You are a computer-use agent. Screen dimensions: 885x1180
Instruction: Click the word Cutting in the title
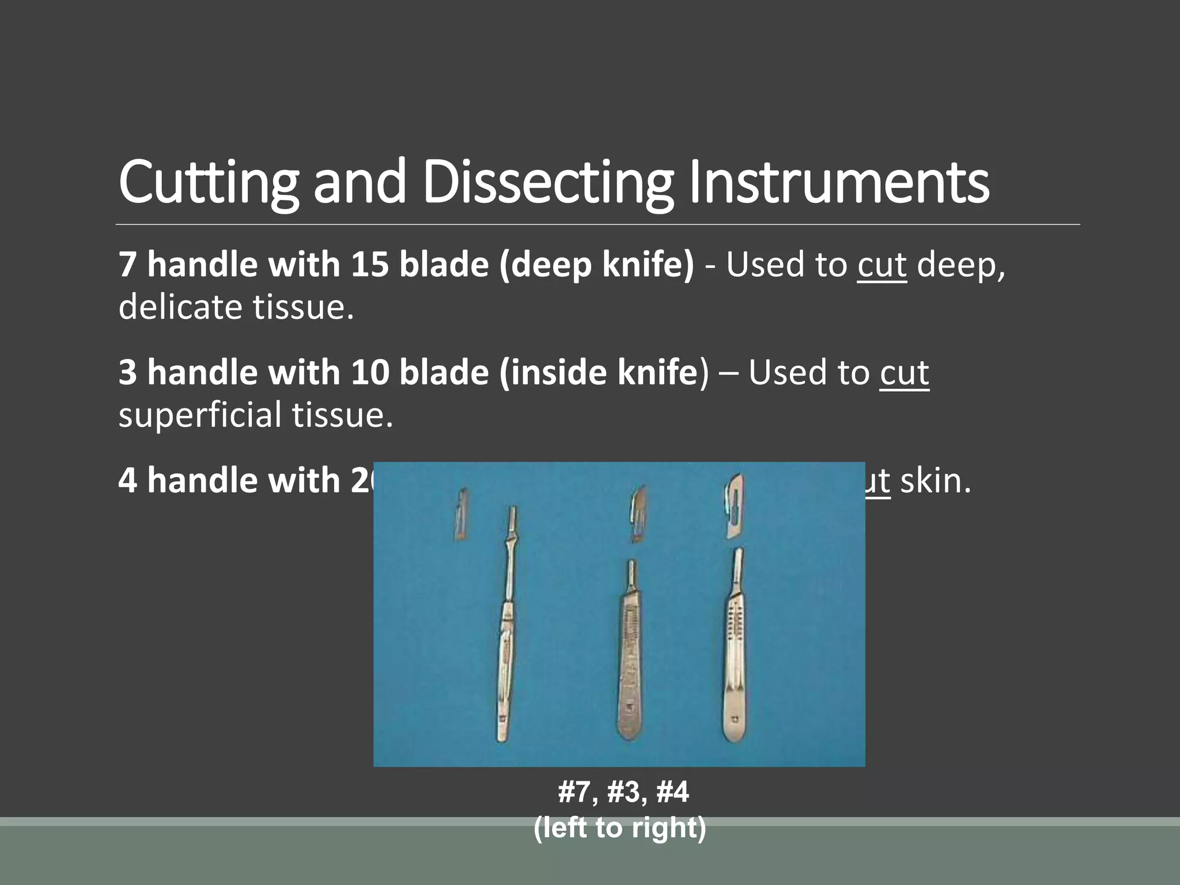point(208,183)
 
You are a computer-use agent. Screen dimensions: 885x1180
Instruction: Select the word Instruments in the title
point(839,183)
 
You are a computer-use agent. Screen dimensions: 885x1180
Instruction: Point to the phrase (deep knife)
point(597,264)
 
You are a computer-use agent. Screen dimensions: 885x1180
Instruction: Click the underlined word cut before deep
point(882,265)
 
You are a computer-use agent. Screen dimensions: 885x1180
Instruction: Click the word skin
point(935,481)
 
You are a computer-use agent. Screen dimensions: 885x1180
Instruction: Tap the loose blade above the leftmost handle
point(460,514)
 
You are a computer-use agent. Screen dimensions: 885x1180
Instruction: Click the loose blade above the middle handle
point(638,514)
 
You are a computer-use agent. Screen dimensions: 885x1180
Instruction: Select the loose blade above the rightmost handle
point(734,506)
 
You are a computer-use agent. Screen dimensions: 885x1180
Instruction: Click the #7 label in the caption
point(574,792)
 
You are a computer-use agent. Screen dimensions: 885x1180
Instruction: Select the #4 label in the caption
point(672,792)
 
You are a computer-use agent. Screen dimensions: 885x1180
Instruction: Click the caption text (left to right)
point(620,828)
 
